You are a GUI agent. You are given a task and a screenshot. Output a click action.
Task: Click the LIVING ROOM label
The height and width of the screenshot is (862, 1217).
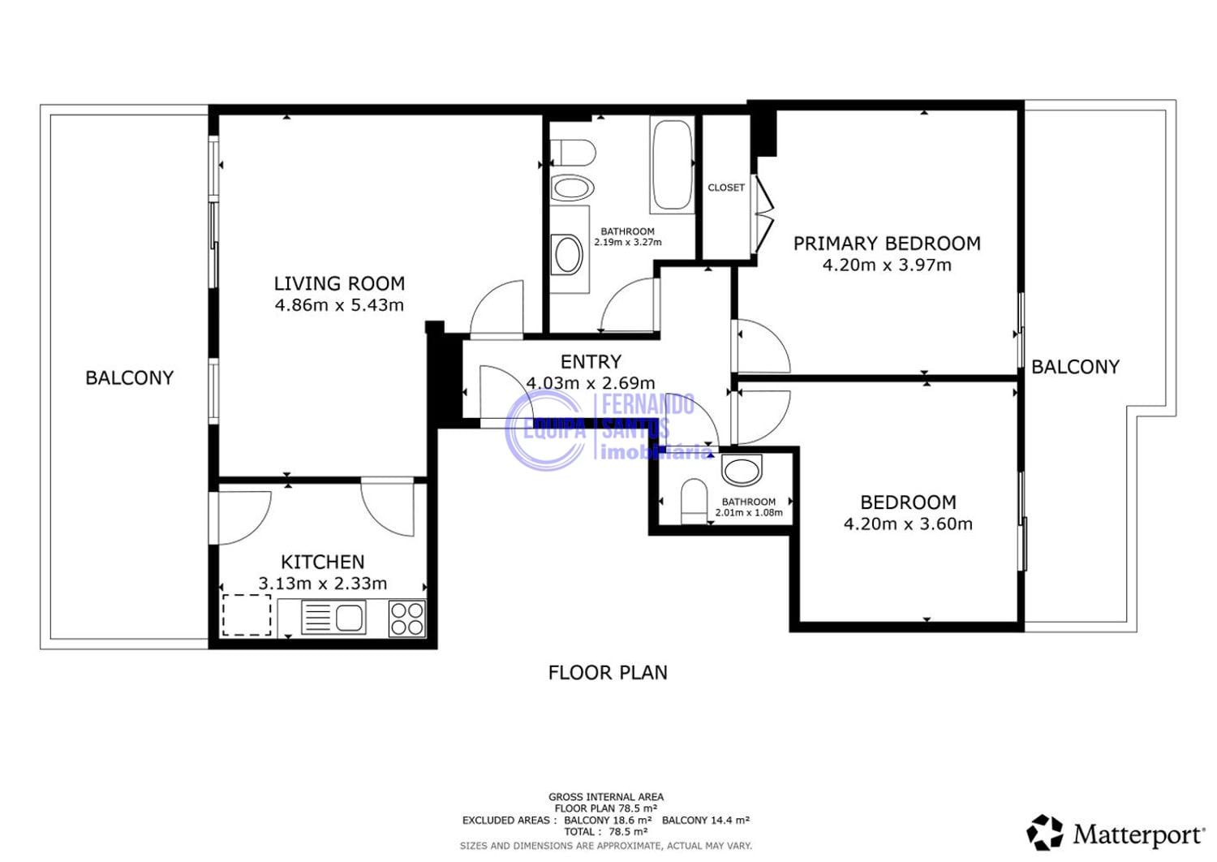(340, 283)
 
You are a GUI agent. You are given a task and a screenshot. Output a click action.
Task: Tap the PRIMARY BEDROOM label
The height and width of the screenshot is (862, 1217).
(888, 244)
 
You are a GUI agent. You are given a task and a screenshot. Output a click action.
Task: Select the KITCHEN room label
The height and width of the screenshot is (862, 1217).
(323, 562)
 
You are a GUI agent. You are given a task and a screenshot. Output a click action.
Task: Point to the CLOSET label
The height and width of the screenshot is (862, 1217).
(726, 187)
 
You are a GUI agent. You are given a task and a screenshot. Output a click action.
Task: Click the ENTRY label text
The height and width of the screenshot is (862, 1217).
(591, 361)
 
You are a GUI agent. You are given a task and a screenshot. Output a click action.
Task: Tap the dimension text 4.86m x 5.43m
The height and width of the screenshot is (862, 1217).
(340, 305)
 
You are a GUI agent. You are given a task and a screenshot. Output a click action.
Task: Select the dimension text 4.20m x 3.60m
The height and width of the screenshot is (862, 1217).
(908, 524)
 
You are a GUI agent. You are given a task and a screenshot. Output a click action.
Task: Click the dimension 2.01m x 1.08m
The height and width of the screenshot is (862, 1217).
(749, 512)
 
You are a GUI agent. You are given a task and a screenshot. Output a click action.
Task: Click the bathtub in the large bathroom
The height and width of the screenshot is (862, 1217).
(673, 166)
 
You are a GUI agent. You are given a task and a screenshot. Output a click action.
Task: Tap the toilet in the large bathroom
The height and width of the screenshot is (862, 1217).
(573, 152)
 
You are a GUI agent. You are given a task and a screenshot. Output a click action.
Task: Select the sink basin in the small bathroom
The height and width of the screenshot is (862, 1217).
(742, 470)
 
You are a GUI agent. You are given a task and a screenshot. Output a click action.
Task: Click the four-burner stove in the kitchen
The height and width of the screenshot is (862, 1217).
(407, 618)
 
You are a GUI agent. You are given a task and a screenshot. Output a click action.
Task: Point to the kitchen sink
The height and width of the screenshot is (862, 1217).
(333, 618)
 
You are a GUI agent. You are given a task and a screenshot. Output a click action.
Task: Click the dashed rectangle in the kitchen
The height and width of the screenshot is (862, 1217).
(247, 614)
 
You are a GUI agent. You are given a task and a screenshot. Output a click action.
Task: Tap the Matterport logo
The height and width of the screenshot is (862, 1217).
(1116, 834)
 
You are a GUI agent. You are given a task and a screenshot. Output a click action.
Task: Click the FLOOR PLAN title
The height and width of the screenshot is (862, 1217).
(608, 673)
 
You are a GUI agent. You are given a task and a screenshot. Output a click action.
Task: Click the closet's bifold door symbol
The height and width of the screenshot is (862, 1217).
(763, 213)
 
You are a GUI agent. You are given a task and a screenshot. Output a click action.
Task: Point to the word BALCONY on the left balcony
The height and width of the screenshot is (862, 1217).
(129, 377)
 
